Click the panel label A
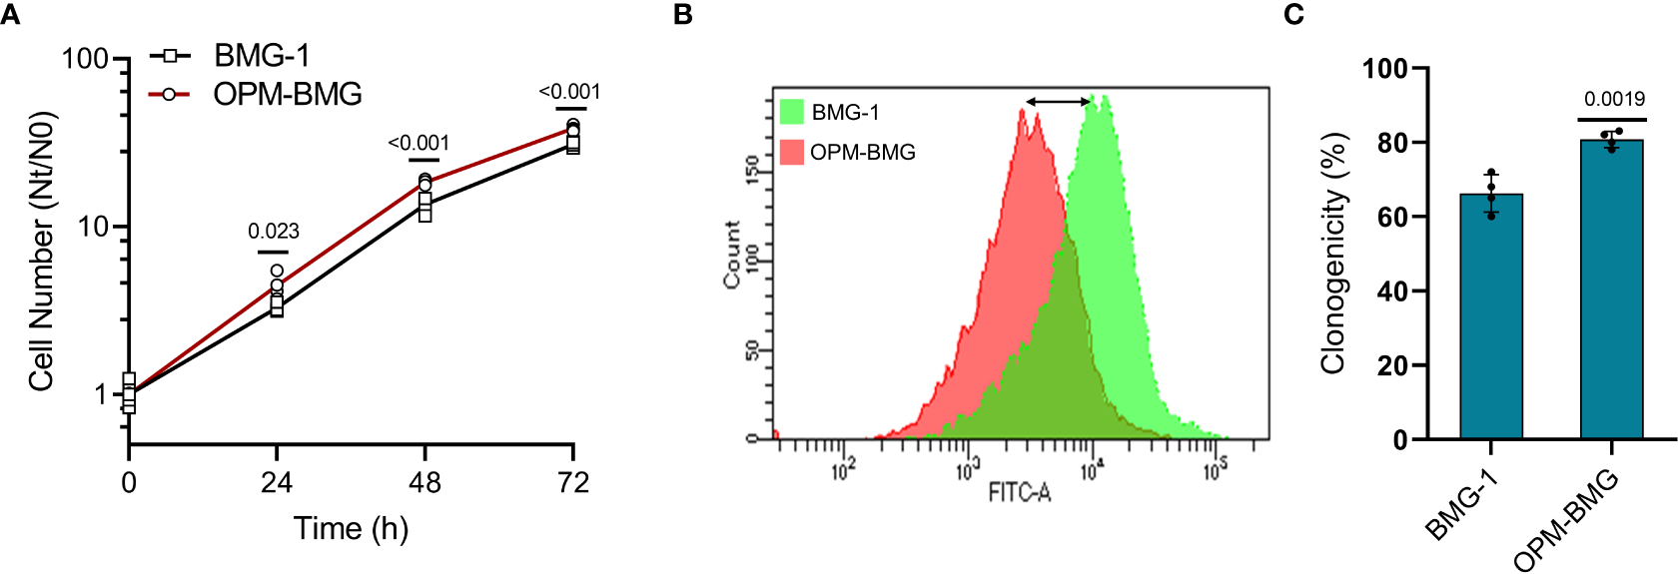(x=11, y=15)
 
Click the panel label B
(x=683, y=15)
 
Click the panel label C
(x=1293, y=15)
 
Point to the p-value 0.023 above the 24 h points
(x=274, y=232)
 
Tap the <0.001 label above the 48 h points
(x=419, y=144)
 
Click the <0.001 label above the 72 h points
(x=569, y=92)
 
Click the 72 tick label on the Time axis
(x=572, y=483)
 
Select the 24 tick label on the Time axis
(x=277, y=483)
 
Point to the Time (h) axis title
(x=351, y=528)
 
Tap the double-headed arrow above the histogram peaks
(x=1059, y=101)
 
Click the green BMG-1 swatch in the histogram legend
(x=791, y=112)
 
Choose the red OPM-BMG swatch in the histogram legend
(x=791, y=152)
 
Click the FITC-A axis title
(x=1019, y=492)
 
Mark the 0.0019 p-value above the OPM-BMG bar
(x=1614, y=99)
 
